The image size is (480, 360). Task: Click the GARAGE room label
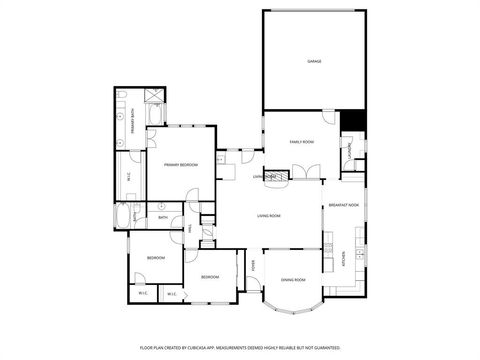click(x=314, y=62)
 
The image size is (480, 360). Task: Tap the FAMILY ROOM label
click(x=302, y=142)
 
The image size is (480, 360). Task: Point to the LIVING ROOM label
click(x=268, y=216)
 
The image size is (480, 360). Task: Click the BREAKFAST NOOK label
click(x=343, y=204)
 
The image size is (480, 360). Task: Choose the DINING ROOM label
click(x=293, y=279)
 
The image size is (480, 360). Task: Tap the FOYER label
click(x=254, y=266)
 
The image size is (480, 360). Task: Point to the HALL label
click(x=189, y=230)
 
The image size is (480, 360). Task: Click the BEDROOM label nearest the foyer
click(x=210, y=276)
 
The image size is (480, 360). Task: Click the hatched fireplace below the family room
click(x=281, y=176)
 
